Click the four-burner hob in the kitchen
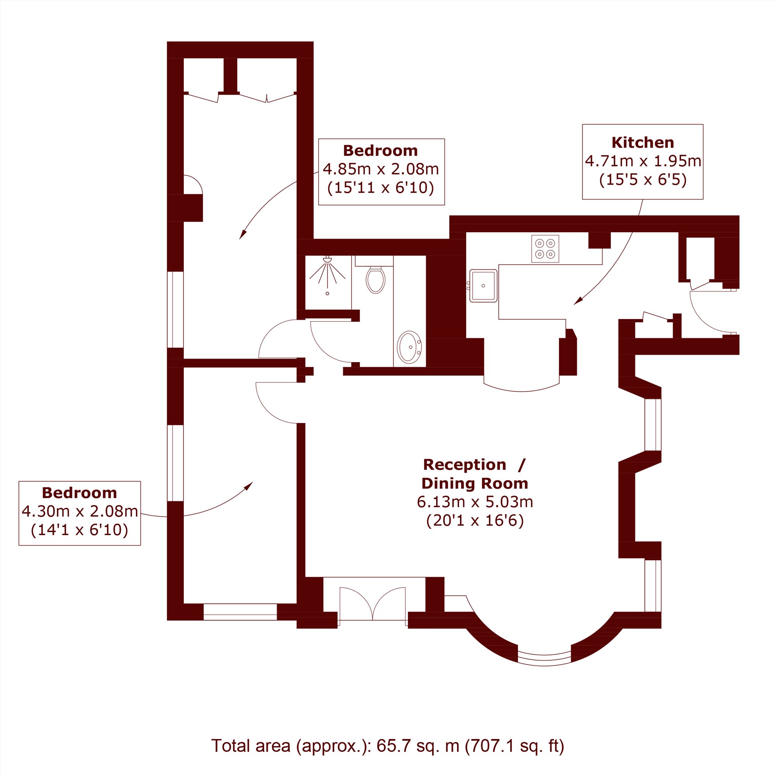(545, 249)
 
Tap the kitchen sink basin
(483, 286)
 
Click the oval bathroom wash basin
(409, 347)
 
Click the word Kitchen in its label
(643, 142)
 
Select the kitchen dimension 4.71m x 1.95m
(643, 161)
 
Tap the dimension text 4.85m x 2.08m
(381, 169)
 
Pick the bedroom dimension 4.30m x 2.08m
(80, 511)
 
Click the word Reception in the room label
(464, 464)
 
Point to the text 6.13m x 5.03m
(475, 502)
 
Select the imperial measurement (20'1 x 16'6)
(475, 521)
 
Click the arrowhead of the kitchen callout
(578, 301)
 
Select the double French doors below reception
(373, 604)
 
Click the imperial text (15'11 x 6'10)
(381, 188)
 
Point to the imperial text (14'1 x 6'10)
(80, 530)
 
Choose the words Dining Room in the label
(475, 483)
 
